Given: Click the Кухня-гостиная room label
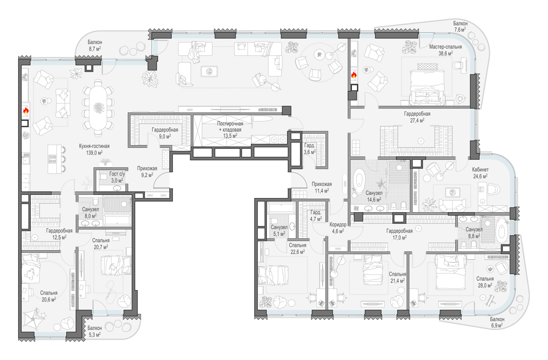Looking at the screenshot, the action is pos(94,146).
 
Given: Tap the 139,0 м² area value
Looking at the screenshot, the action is pos(94,153).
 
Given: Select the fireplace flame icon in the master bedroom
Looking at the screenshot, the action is pos(354,75).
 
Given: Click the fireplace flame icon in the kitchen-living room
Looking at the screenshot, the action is pos(26,110).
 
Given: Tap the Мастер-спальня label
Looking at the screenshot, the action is pos(445,47).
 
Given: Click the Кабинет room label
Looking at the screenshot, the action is pos(480,169).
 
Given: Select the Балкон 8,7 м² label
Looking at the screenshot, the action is pos(95,46).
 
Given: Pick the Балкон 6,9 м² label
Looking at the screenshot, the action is pos(497,322).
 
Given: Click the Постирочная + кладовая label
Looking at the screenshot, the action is pos(230,127).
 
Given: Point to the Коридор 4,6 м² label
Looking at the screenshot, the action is pos(338,228).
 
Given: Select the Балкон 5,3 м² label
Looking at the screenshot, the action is pos(95,331).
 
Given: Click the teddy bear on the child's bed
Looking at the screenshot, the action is pos(30,274).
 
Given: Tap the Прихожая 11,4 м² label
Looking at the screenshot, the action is pos(322,187).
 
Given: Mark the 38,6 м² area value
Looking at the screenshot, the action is pos(445,53).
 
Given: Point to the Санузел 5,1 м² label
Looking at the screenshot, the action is pos(279,231).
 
